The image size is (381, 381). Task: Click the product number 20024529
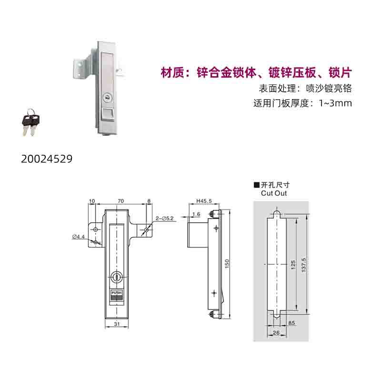point(47,159)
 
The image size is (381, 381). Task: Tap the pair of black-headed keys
point(31,122)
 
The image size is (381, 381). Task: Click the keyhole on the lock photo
point(107,98)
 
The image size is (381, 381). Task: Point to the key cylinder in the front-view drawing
point(117,277)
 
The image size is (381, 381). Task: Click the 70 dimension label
point(121,201)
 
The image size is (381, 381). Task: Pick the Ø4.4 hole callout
point(79,236)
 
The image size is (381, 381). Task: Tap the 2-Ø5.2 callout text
point(164,219)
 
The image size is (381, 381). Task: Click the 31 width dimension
point(117,324)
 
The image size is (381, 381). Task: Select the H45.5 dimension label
point(204,201)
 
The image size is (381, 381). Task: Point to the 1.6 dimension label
point(196,214)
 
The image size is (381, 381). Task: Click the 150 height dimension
point(227,264)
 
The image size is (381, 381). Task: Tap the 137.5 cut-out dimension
point(303,265)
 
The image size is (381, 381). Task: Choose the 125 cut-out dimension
point(293,265)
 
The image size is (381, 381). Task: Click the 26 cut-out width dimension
point(276,332)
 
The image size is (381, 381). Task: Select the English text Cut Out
point(274,193)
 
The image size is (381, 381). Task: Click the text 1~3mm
point(336,103)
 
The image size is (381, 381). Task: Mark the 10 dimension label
point(92,201)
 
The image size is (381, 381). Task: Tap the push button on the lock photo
point(107,114)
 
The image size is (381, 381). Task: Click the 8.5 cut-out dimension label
point(291,323)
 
